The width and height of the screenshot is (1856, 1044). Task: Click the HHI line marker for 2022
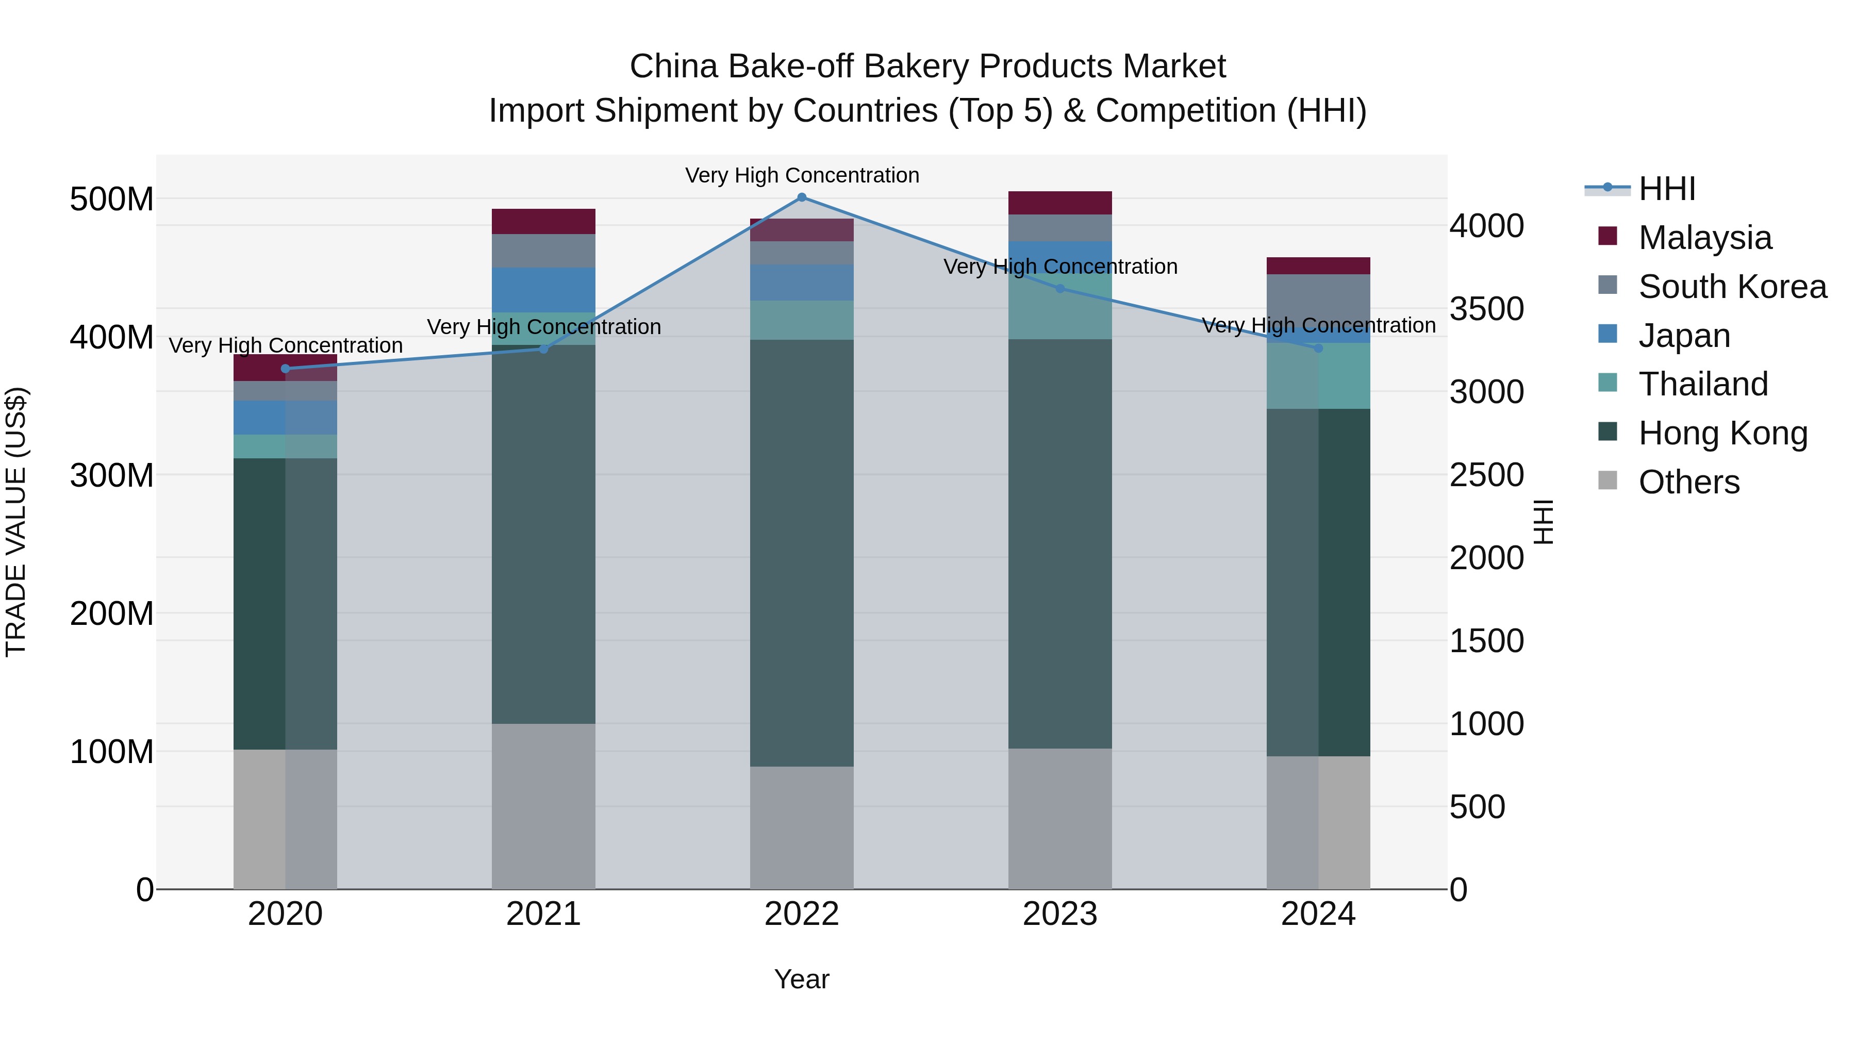tap(801, 197)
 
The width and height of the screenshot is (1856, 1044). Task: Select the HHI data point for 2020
tap(285, 369)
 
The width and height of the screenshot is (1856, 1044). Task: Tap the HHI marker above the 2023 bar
tap(1060, 289)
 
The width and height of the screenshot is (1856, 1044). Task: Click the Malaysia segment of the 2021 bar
tap(543, 221)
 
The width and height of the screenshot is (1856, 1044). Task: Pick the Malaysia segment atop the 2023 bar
tap(1060, 203)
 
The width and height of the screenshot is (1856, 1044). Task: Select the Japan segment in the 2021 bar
tap(543, 290)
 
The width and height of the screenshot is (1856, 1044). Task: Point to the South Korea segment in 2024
tap(1318, 301)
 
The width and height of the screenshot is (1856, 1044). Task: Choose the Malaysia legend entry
tap(1705, 238)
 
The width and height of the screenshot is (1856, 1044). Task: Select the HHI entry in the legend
tap(1666, 189)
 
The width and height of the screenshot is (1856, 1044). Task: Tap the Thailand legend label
tap(1703, 384)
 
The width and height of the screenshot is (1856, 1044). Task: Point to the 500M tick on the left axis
tap(112, 199)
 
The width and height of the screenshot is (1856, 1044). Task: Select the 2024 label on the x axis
tap(1318, 914)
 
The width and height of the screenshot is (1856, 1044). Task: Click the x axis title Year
tap(801, 979)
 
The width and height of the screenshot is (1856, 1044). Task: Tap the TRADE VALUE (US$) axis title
tap(16, 522)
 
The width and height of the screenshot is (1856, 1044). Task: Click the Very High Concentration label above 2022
tap(802, 175)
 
